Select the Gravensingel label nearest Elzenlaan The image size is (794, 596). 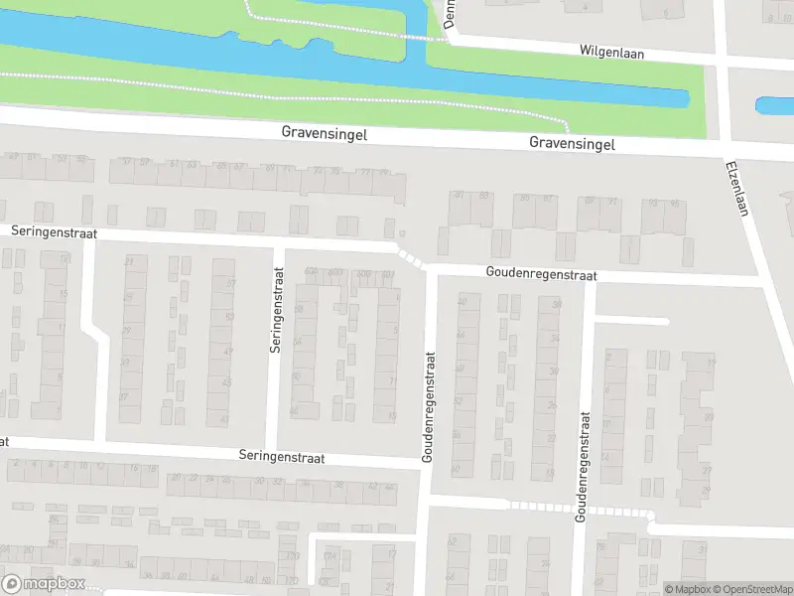pyautogui.click(x=572, y=144)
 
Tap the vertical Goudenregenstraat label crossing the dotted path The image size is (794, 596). pyautogui.click(x=583, y=467)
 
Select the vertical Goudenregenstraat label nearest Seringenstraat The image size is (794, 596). pyautogui.click(x=429, y=405)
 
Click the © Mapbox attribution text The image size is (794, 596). pyautogui.click(x=689, y=589)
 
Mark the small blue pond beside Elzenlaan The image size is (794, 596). pyautogui.click(x=774, y=104)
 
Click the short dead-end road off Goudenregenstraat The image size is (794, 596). pyautogui.click(x=632, y=321)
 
